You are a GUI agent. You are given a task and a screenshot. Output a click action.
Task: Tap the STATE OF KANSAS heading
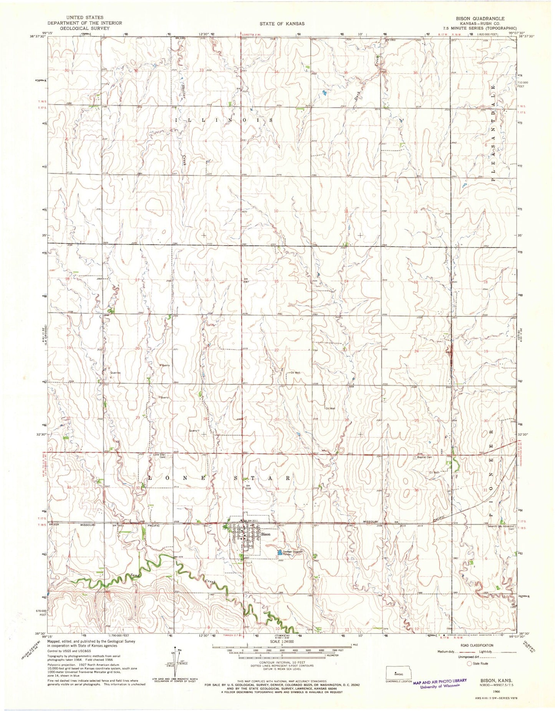[x=282, y=23]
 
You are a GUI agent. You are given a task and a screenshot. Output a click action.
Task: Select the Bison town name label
[x=266, y=534]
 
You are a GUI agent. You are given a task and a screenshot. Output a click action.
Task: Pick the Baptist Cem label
[x=424, y=457]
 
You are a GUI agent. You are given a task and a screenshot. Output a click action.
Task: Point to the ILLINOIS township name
[x=224, y=120]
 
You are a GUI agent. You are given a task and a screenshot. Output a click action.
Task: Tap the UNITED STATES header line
[x=84, y=18]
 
